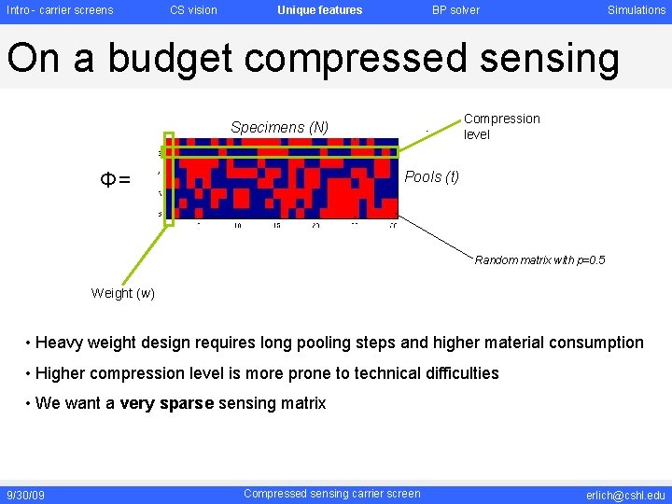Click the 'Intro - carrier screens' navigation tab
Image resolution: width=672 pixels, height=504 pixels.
[x=60, y=10]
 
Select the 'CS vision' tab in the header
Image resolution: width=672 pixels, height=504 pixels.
[x=193, y=10]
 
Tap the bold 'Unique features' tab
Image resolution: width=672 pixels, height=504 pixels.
[x=319, y=10]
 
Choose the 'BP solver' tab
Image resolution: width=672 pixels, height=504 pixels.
[x=455, y=10]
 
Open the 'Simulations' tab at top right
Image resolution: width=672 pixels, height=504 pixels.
[x=637, y=10]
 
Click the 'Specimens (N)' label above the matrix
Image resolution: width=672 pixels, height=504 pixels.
[x=279, y=127]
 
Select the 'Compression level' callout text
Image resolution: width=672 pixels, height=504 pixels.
[x=501, y=126]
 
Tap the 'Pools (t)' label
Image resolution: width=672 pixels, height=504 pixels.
[x=431, y=177]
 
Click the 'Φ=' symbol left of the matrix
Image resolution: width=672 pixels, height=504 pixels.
[x=117, y=179]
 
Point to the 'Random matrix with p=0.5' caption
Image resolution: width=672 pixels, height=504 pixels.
[x=539, y=260]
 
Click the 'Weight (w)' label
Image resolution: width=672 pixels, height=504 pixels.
[x=123, y=293]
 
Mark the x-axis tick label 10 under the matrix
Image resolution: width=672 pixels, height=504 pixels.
[x=238, y=226]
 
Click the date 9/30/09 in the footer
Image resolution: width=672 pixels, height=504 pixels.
[x=25, y=495]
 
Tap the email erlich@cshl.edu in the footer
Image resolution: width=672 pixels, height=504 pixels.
[x=625, y=495]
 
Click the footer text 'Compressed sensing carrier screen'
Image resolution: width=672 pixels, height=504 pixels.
[x=331, y=494]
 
